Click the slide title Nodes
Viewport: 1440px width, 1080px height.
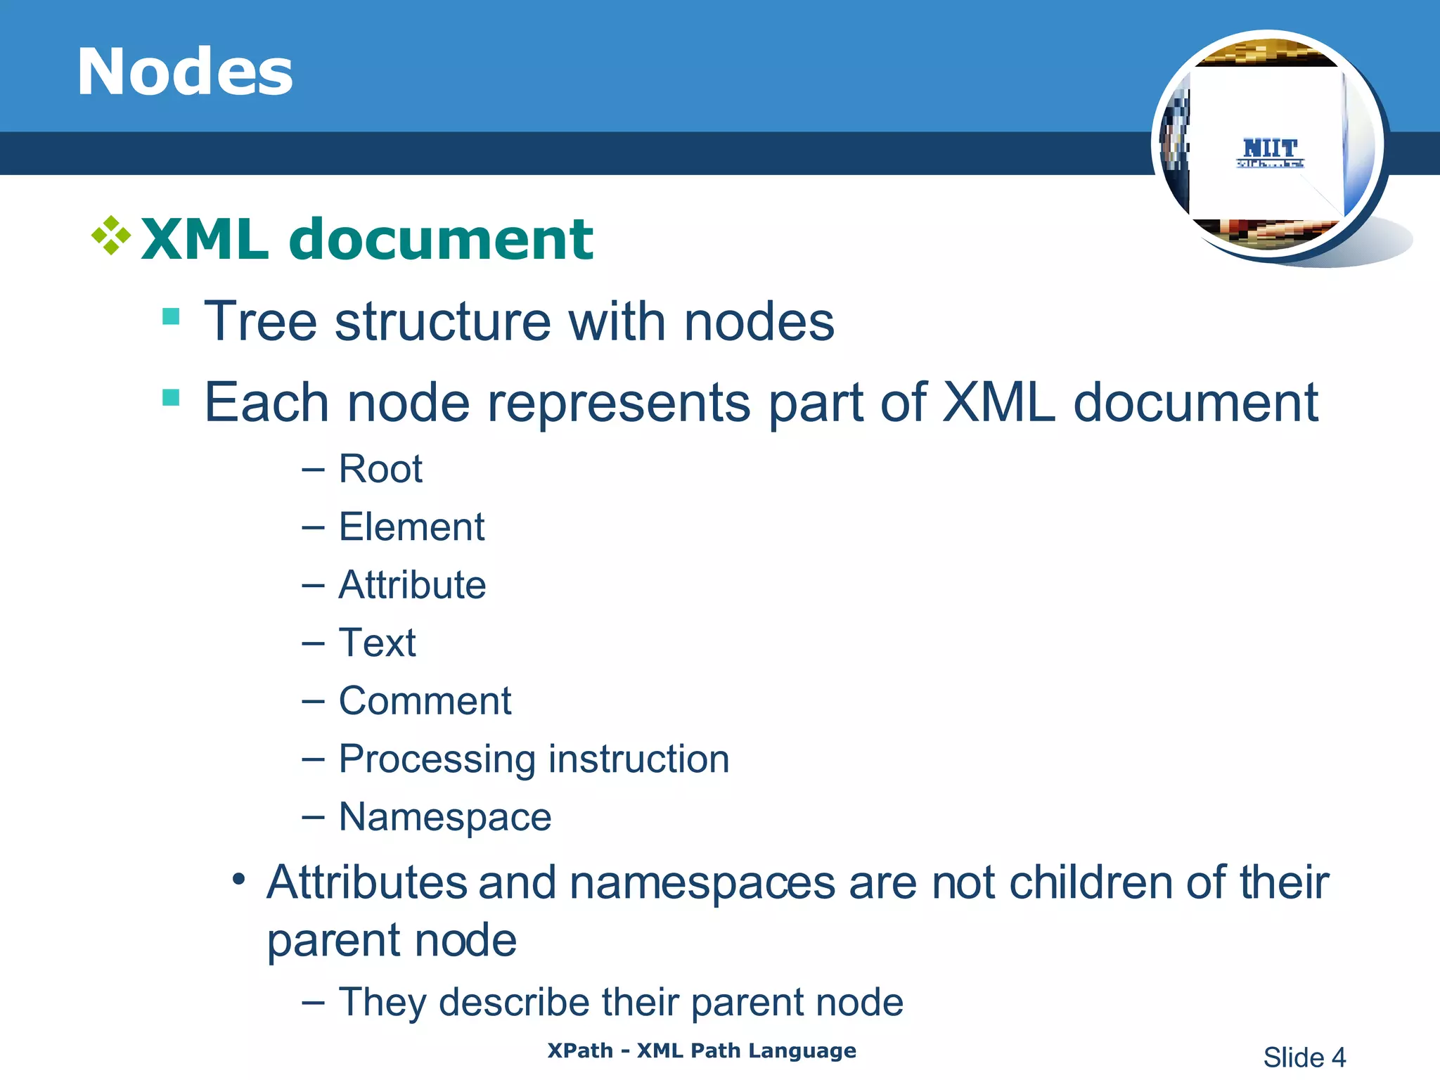pos(185,72)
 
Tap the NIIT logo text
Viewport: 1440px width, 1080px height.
pos(1270,148)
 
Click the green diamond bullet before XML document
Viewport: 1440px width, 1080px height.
pos(111,235)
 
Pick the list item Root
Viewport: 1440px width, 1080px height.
pos(380,469)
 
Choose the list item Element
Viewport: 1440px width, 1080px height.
pos(411,527)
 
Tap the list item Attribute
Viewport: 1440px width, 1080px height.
pos(412,585)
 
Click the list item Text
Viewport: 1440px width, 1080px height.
pos(377,643)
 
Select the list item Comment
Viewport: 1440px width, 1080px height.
pos(425,701)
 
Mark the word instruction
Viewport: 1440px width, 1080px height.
pos(638,759)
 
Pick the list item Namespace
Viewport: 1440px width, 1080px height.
pos(444,817)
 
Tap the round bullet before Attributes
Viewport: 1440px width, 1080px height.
pos(239,879)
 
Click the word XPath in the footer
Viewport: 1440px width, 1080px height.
pos(580,1050)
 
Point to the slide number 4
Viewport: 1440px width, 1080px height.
pos(1338,1057)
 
